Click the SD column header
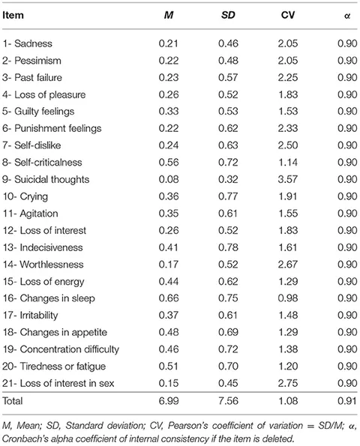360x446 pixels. (228, 15)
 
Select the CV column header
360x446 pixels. (288, 15)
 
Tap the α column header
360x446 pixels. (347, 16)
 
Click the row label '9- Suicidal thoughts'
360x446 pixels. (46, 179)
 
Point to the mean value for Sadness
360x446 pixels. (169, 43)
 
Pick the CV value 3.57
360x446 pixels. (288, 179)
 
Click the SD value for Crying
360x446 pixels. (228, 196)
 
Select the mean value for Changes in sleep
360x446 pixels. (169, 298)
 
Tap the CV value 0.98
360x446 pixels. (288, 298)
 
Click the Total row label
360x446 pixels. (13, 401)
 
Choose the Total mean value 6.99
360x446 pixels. (169, 401)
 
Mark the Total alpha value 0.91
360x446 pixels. (347, 401)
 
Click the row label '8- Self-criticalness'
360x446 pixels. (42, 163)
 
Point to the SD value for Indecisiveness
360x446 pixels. (228, 247)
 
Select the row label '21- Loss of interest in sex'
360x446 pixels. (58, 384)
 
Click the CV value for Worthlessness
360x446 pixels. (288, 265)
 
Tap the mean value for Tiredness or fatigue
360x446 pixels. (169, 367)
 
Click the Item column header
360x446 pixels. (13, 15)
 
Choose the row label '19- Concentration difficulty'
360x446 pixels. (61, 349)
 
